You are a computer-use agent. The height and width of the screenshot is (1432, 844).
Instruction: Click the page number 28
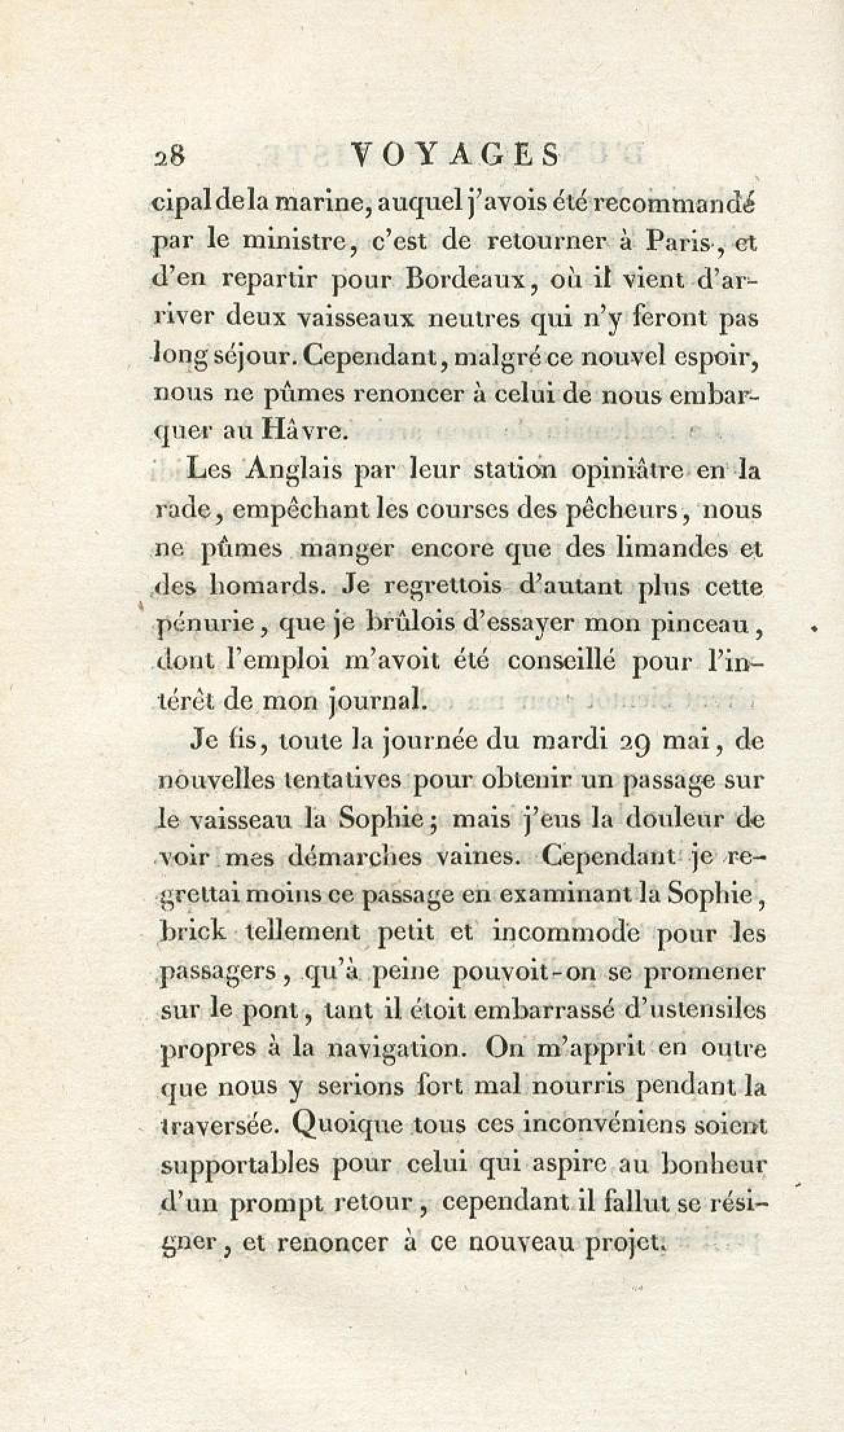click(x=169, y=156)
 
